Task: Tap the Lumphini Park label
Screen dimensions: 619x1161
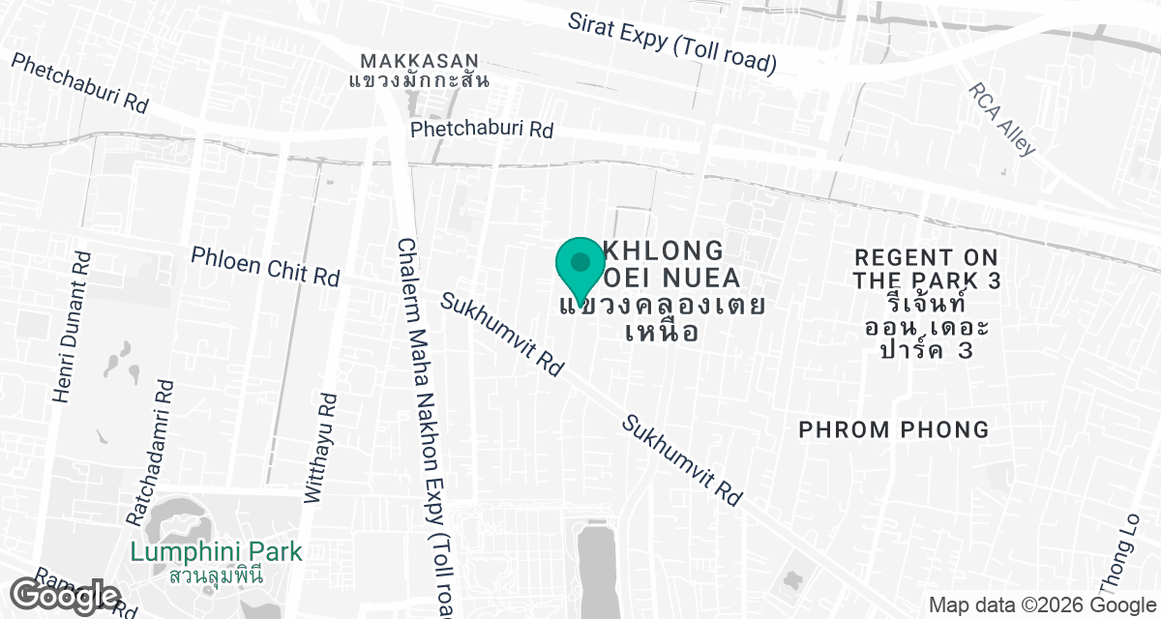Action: click(216, 552)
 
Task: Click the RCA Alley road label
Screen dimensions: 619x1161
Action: click(1002, 118)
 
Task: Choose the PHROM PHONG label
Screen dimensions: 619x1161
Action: click(894, 429)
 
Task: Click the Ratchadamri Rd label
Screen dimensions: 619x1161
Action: click(151, 452)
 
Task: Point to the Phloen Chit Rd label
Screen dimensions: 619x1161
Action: click(265, 265)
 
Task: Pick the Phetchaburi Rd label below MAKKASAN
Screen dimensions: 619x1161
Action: click(481, 129)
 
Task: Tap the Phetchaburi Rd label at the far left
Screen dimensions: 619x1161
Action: click(79, 82)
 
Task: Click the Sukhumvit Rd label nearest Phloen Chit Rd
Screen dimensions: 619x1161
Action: click(501, 334)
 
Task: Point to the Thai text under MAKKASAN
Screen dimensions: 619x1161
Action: click(419, 79)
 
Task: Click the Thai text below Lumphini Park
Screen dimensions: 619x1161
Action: click(216, 575)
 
